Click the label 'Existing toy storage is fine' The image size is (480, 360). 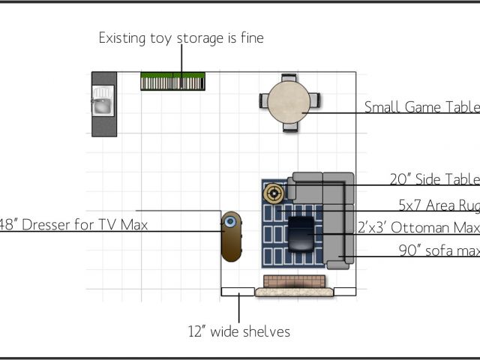point(181,37)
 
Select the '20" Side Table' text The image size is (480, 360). point(434,179)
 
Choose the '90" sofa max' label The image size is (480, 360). point(439,251)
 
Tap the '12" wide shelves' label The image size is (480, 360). point(238,331)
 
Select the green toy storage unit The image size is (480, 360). point(172,82)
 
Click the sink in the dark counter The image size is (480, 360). point(102,104)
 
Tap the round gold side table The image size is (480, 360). point(274,193)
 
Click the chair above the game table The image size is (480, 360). point(290,76)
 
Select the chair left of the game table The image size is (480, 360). point(263,101)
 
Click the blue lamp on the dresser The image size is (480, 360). point(231,222)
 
